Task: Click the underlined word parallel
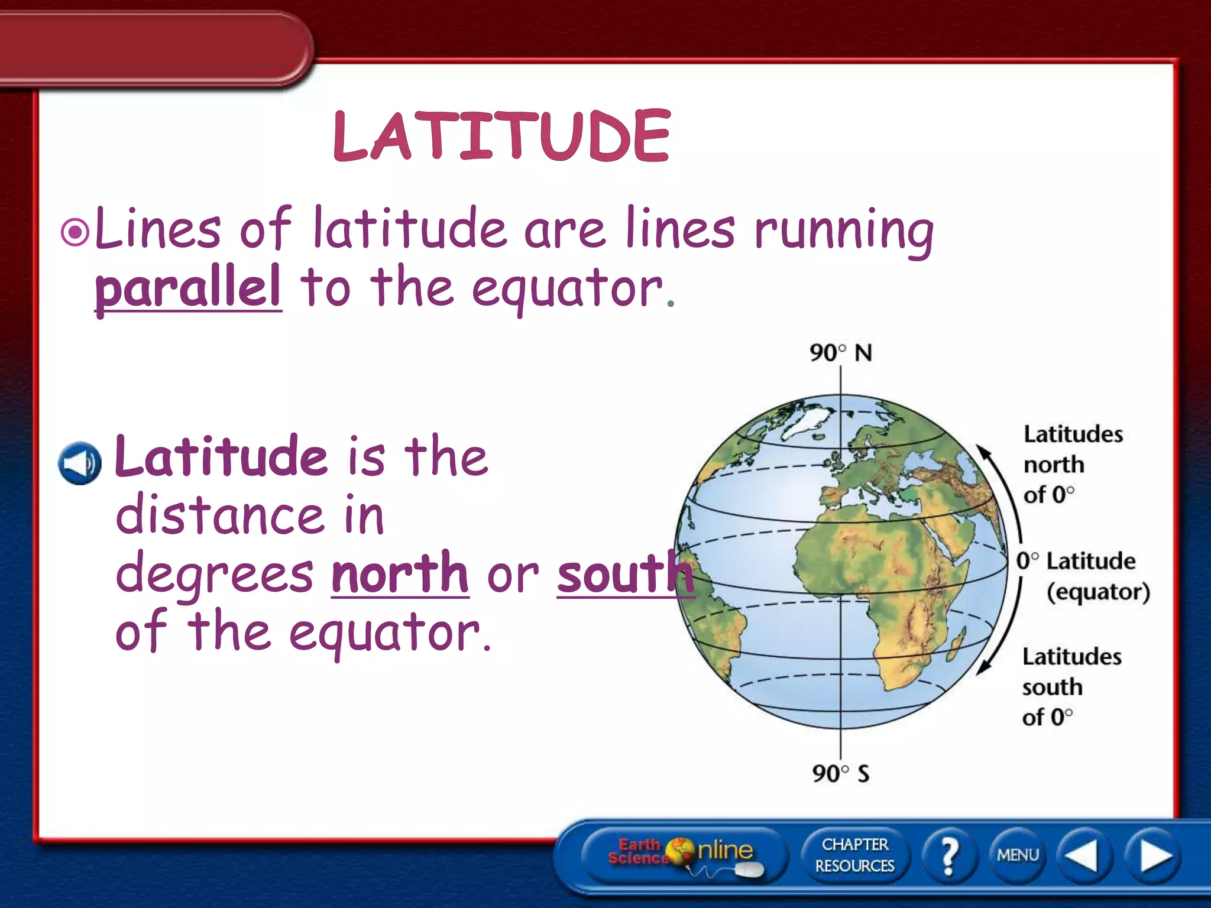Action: point(188,287)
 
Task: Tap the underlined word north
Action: point(400,573)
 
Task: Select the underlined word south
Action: point(624,573)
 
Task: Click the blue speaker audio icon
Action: point(80,463)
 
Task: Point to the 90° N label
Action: point(840,353)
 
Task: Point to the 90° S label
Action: point(840,773)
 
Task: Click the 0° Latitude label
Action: point(1076,561)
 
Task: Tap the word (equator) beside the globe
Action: point(1098,592)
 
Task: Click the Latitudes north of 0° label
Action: point(1072,464)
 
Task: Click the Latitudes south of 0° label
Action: point(1071,686)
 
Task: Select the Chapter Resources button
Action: point(854,855)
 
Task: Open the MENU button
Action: point(1018,855)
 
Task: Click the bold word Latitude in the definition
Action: point(221,456)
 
